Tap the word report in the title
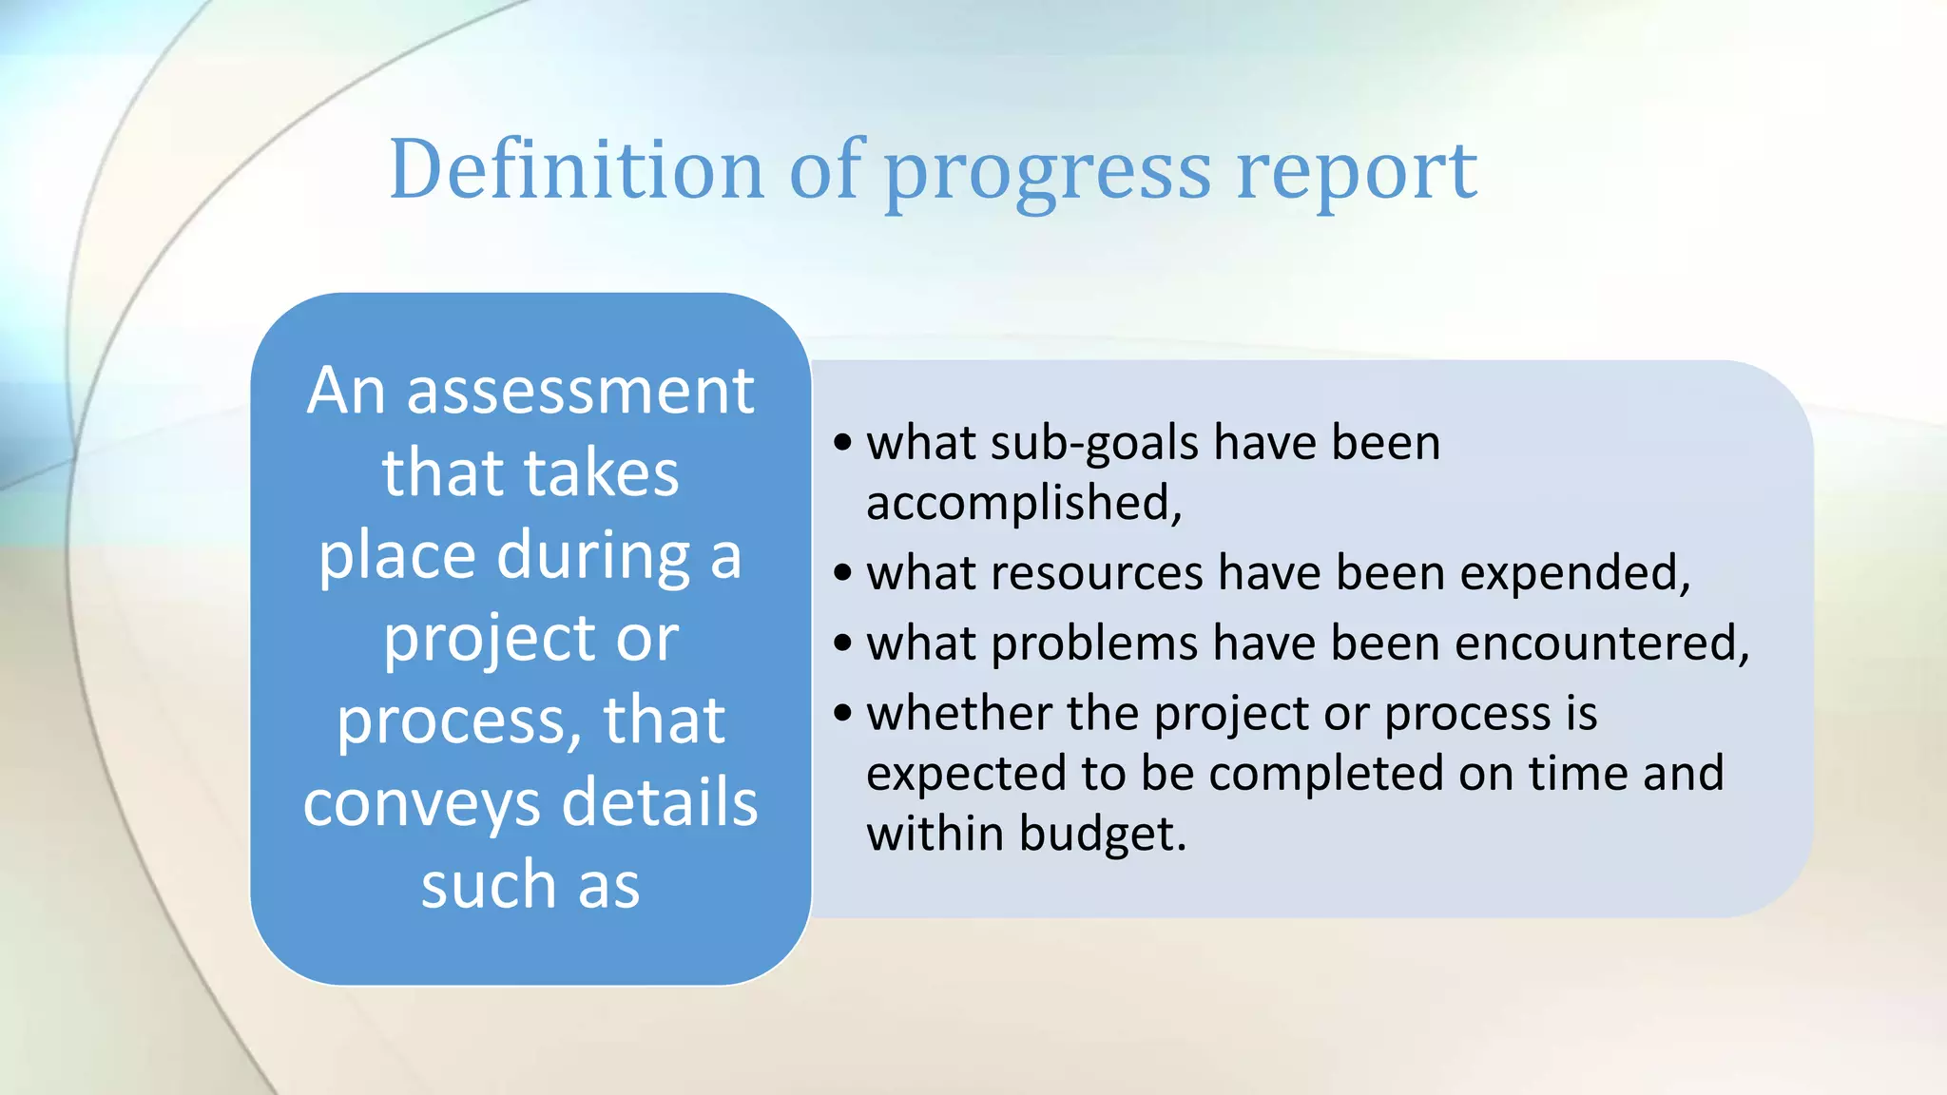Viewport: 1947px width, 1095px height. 1357,173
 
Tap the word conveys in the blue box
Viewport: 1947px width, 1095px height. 422,804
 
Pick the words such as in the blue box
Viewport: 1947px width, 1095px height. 530,885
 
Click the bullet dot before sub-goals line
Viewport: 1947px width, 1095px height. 842,443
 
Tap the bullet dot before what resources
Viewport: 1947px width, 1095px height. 842,573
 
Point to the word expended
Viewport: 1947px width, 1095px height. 1574,574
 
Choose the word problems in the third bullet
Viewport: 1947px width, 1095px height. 1094,644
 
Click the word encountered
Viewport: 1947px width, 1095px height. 1602,644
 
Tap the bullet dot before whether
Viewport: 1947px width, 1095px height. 842,713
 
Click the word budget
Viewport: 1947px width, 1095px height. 1103,834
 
